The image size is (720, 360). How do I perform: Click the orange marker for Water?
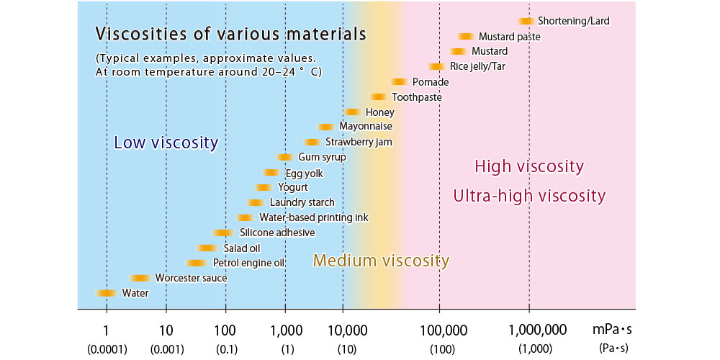click(107, 293)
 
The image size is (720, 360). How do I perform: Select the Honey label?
click(379, 112)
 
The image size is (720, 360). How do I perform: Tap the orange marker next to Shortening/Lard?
click(526, 22)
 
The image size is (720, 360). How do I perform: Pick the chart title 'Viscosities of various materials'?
click(231, 34)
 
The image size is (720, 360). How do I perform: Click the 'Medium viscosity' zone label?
click(381, 261)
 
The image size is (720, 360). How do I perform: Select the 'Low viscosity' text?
click(166, 143)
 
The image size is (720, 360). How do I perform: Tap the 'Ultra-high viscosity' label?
click(529, 196)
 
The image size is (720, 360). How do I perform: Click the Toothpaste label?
click(417, 97)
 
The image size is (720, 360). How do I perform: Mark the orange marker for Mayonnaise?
click(325, 127)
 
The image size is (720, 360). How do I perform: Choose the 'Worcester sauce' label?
click(191, 278)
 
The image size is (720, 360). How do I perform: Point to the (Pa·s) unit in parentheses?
click(613, 348)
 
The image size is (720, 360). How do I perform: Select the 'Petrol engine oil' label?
click(249, 263)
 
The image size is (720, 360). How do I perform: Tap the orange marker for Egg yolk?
click(271, 173)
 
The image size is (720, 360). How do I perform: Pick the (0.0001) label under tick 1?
click(107, 348)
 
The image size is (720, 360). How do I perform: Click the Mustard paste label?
click(509, 37)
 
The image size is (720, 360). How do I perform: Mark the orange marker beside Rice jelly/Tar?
click(436, 67)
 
